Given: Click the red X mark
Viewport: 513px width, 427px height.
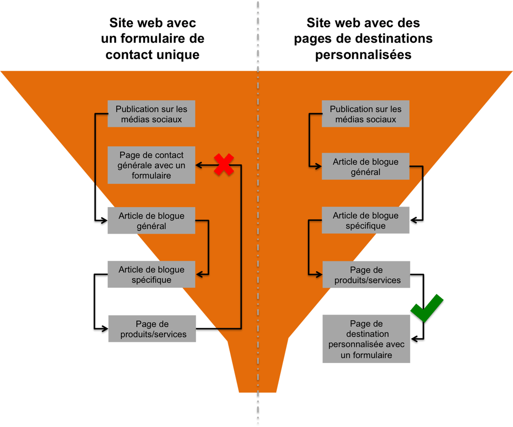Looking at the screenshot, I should pyautogui.click(x=224, y=165).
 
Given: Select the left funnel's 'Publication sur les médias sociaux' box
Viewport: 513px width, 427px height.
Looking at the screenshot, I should pyautogui.click(x=152, y=114).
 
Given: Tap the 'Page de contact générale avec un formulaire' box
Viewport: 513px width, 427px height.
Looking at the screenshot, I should pyautogui.click(x=152, y=165).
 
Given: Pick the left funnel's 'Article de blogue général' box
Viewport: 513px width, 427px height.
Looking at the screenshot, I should pyautogui.click(x=152, y=221).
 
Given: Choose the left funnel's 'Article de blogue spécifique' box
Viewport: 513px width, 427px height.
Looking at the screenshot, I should pyautogui.click(x=152, y=275).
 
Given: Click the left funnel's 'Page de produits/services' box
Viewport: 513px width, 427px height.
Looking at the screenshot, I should pyautogui.click(x=153, y=329).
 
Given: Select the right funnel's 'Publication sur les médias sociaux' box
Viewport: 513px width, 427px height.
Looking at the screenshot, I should pyautogui.click(x=366, y=114).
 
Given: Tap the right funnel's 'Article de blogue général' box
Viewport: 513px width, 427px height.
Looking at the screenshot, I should pyautogui.click(x=366, y=167).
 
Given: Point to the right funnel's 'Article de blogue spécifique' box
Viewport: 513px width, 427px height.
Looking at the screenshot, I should pyautogui.click(x=366, y=221).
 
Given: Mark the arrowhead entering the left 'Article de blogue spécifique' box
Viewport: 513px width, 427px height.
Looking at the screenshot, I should pyautogui.click(x=200, y=274).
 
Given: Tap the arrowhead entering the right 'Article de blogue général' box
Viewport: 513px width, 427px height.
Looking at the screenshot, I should pyautogui.click(x=318, y=167).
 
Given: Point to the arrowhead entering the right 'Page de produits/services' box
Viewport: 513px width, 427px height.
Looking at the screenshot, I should pyautogui.click(x=318, y=275).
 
